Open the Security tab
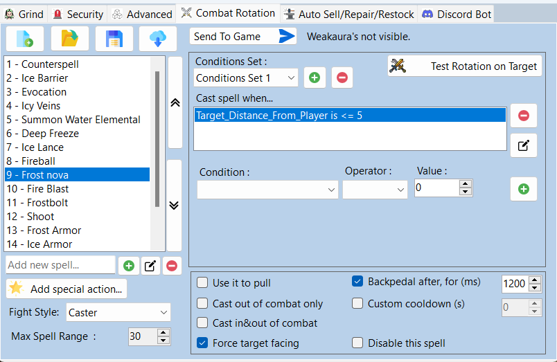tap(78, 15)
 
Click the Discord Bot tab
tap(457, 15)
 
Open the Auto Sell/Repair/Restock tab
tap(350, 15)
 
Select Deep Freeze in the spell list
tap(50, 134)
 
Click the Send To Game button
tap(243, 36)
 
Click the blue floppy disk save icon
tap(114, 39)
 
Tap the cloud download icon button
tap(158, 39)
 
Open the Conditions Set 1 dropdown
tap(246, 78)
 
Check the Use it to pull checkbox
tap(202, 283)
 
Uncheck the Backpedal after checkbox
tap(357, 282)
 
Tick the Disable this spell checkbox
tap(357, 343)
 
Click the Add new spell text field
tap(60, 265)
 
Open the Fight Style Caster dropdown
tap(118, 312)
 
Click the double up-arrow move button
tap(175, 102)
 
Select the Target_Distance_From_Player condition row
tap(351, 116)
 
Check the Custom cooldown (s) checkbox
tap(357, 303)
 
